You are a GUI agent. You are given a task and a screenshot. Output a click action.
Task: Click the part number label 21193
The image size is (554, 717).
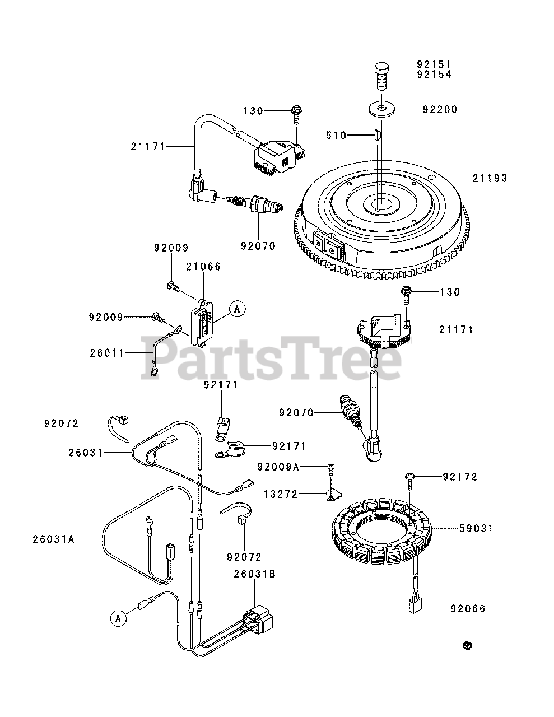pyautogui.click(x=490, y=178)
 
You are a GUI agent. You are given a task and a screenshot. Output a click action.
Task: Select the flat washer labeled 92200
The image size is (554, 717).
pyautogui.click(x=381, y=106)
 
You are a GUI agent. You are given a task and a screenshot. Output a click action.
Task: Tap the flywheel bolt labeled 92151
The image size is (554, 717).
pyautogui.click(x=381, y=75)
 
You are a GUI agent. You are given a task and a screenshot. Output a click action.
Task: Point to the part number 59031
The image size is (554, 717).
pyautogui.click(x=476, y=528)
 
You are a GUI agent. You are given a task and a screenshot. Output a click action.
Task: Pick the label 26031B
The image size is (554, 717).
pyautogui.click(x=255, y=574)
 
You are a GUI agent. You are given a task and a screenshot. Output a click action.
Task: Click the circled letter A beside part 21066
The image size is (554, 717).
pyautogui.click(x=238, y=309)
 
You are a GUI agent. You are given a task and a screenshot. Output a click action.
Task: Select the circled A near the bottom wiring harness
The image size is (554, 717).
pyautogui.click(x=118, y=618)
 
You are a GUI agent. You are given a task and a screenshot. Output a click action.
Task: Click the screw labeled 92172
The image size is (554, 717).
pyautogui.click(x=410, y=477)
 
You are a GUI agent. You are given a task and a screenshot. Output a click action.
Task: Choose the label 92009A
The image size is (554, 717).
pyautogui.click(x=278, y=467)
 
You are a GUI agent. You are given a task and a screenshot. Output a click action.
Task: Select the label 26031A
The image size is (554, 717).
pyautogui.click(x=53, y=539)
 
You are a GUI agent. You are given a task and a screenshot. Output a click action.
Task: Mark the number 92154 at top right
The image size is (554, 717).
pyautogui.click(x=434, y=74)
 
